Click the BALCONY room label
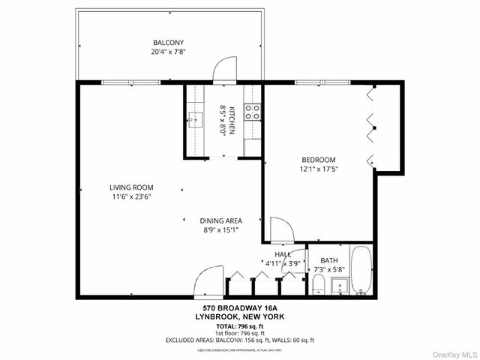pos(169,43)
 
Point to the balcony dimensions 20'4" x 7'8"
pos(169,52)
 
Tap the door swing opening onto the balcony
pos(224,70)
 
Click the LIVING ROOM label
pos(131,187)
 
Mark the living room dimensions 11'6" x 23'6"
pos(131,197)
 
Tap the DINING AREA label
pos(220,220)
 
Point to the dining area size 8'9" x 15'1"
pos(220,229)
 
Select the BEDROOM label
pos(318,159)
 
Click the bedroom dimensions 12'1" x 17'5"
pos(318,169)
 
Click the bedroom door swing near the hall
pos(281,229)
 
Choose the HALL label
pos(283,255)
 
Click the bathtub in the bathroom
pos(361,270)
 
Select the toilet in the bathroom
pos(318,283)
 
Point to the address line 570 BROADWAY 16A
pos(239,308)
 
